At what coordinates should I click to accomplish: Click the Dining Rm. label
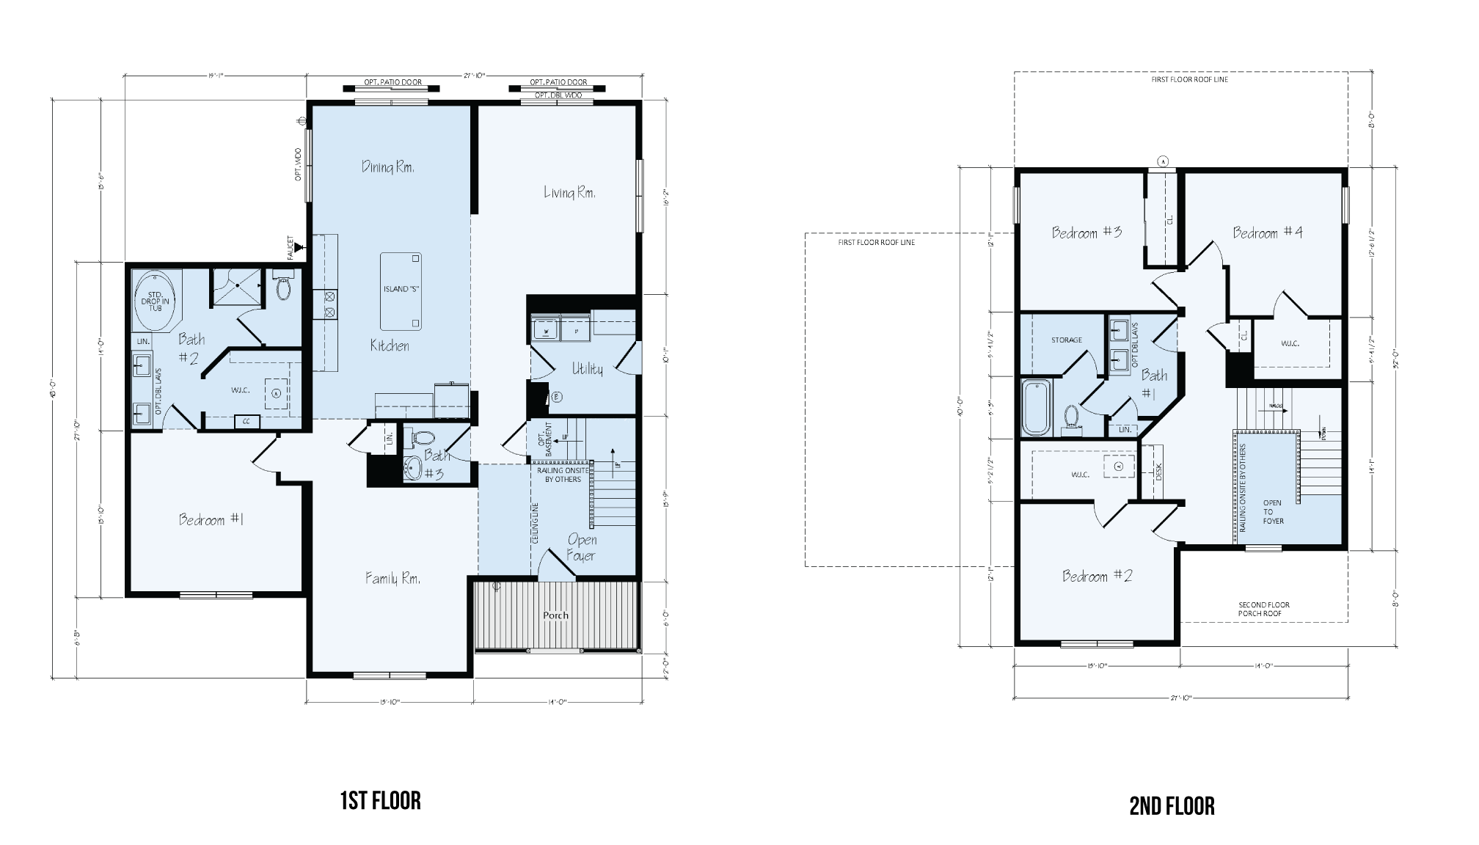tap(387, 167)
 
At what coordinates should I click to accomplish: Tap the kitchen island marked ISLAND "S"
tap(401, 291)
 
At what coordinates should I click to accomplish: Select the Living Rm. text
tap(569, 193)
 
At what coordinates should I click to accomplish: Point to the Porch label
tap(555, 615)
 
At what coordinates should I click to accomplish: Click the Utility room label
tap(587, 369)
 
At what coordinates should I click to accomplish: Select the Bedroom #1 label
tap(211, 520)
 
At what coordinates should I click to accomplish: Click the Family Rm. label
tap(393, 579)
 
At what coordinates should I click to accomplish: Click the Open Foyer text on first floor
tap(582, 548)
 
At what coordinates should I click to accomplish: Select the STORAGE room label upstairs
tap(1066, 340)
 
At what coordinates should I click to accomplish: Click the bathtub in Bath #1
tap(1036, 409)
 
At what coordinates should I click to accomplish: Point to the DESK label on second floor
tap(1158, 472)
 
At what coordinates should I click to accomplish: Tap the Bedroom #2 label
tap(1097, 577)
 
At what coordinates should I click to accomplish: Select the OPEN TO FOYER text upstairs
tap(1273, 512)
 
